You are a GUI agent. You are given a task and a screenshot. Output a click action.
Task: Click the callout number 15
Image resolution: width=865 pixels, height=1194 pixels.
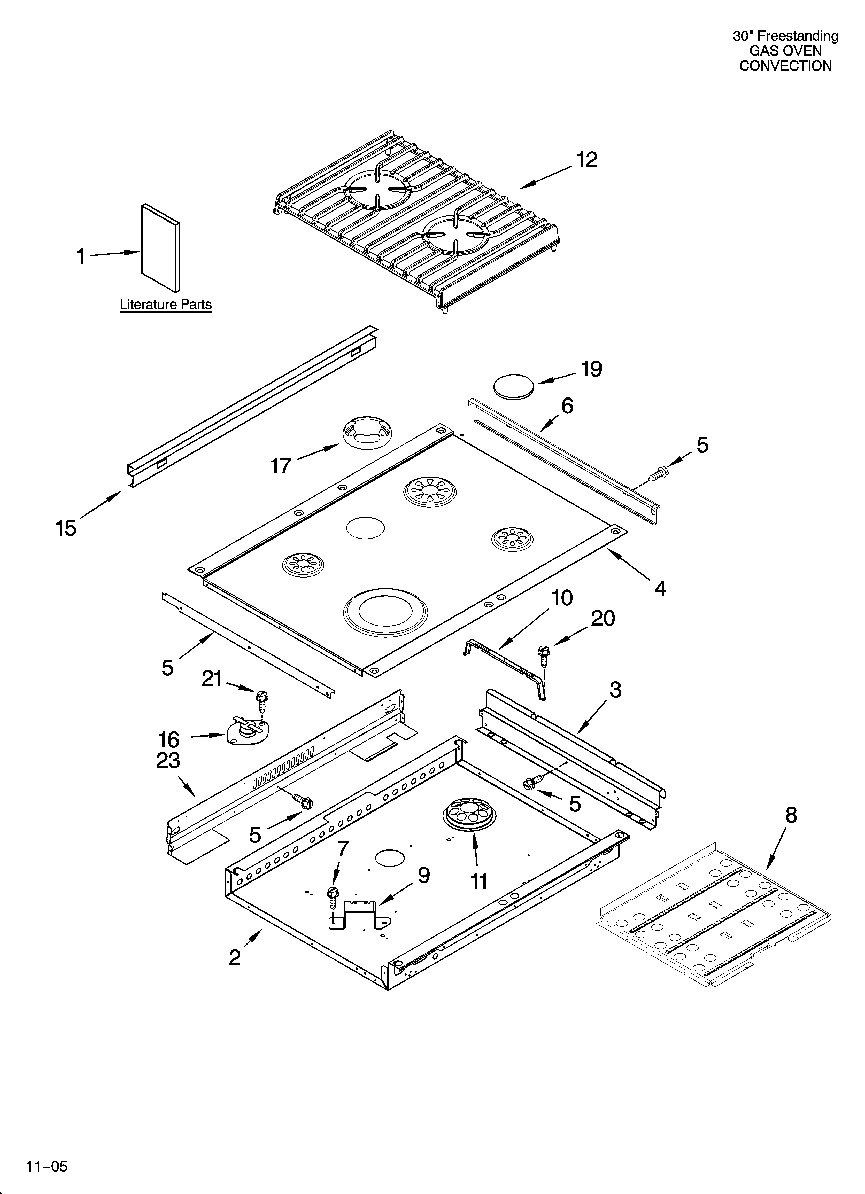(x=66, y=528)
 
